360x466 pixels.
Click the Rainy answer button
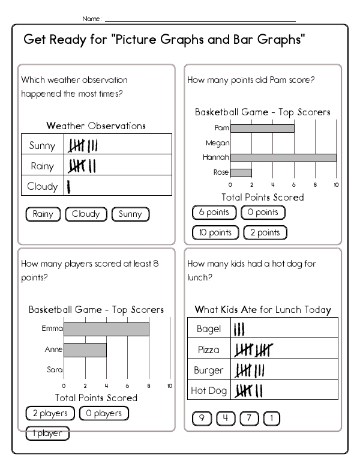(43, 214)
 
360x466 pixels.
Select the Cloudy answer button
(86, 214)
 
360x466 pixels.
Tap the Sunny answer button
(130, 214)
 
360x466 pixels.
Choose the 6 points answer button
(214, 212)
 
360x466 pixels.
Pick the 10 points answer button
(215, 232)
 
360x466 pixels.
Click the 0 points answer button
(263, 212)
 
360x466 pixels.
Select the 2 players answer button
(50, 413)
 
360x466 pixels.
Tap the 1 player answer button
(47, 433)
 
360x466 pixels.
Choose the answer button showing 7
(248, 419)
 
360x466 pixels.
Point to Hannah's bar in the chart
(283, 157)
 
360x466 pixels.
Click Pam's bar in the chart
(262, 128)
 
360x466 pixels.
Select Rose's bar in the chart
(241, 172)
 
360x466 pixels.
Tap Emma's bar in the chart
(106, 329)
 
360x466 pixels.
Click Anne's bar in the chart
(85, 349)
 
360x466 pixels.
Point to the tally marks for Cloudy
(69, 186)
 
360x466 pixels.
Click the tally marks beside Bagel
(239, 329)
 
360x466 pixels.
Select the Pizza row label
(208, 349)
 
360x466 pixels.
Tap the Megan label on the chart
(218, 143)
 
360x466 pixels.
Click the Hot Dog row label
(208, 390)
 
